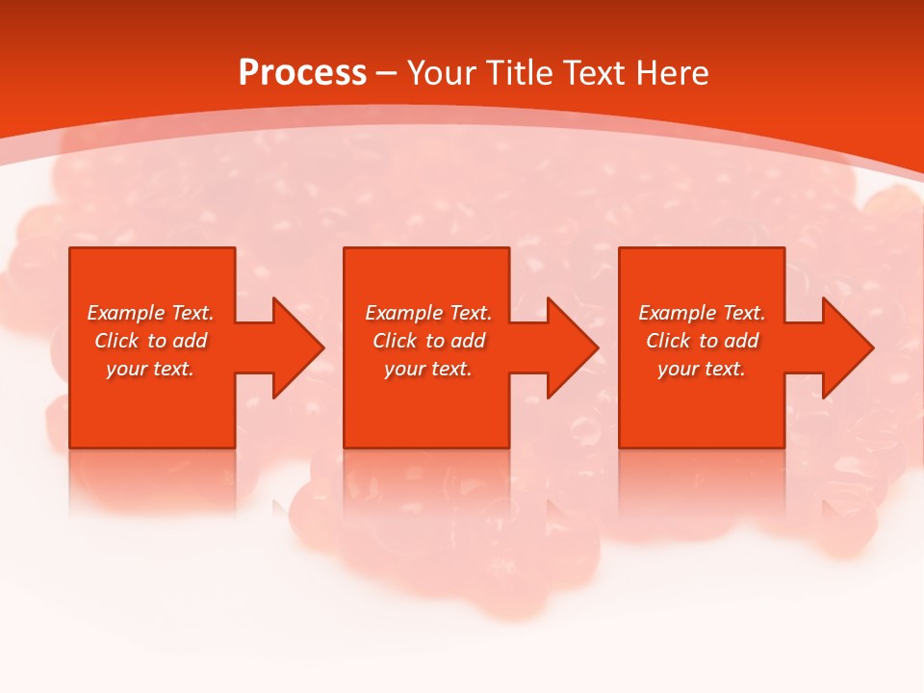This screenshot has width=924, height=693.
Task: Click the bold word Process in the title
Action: point(302,73)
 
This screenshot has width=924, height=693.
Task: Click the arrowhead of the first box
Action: point(295,347)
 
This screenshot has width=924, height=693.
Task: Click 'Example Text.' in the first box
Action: point(150,313)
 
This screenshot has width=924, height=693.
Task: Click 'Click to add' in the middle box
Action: point(428,341)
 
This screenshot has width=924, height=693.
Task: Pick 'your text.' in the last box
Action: point(702,369)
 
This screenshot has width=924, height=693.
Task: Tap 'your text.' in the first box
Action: point(150,369)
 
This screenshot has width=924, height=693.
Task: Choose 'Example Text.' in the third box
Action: point(702,313)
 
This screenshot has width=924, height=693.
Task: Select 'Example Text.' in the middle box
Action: point(428,313)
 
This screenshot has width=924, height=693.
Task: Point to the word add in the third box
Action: point(741,341)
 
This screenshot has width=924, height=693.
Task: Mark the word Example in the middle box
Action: point(399,313)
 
